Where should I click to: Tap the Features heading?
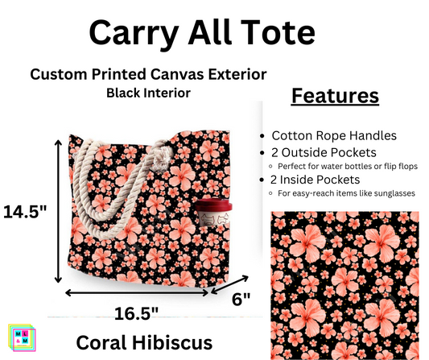point(334,97)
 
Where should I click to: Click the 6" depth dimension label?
point(241,298)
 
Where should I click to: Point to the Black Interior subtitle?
point(148,93)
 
